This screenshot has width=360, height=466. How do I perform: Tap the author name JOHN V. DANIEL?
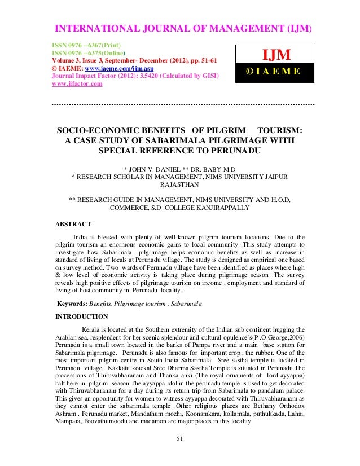(x=156, y=169)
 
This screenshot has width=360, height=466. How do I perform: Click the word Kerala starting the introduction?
(x=94, y=329)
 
